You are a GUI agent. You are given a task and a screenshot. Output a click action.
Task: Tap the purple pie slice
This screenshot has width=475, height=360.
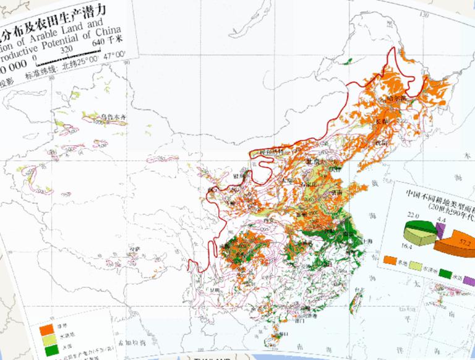(x=440, y=231)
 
